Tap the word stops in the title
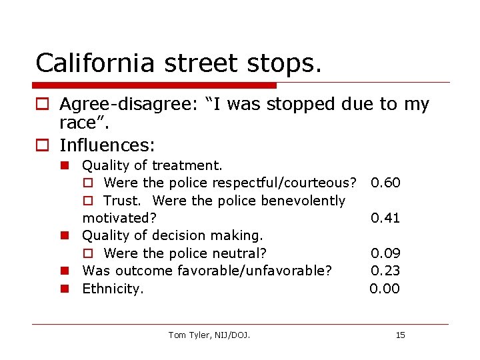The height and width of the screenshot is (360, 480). (281, 63)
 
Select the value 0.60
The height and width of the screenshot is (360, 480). (385, 183)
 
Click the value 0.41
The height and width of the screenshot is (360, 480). (385, 218)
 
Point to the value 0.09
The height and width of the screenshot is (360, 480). (385, 253)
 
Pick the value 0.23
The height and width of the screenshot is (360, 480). (385, 271)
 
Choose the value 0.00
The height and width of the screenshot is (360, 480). (385, 289)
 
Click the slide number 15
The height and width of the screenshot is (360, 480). (400, 335)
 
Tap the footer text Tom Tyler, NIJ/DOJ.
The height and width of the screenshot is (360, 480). (209, 335)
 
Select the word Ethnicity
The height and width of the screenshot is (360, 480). (112, 289)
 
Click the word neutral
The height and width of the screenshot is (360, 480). (240, 253)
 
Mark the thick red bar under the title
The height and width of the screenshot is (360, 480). (155, 85)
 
